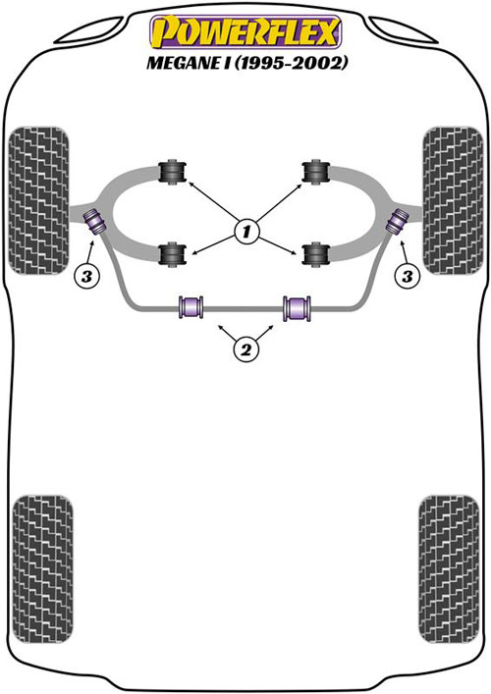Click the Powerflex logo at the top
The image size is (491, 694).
(x=245, y=31)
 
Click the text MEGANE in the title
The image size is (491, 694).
(x=183, y=63)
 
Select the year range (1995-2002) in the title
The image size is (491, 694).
(x=289, y=63)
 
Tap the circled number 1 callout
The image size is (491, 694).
(x=245, y=231)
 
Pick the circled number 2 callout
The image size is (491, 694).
(x=245, y=350)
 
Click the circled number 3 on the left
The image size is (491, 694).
(x=86, y=277)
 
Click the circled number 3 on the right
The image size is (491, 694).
(x=408, y=277)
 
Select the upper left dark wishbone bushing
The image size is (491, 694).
(x=172, y=171)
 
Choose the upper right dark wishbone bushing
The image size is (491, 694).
(x=315, y=172)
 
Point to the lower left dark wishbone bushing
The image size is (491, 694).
(x=172, y=254)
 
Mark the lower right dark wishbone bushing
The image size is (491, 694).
(x=315, y=254)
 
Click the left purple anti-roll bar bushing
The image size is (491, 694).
(x=191, y=306)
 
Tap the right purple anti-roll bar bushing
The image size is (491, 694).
(x=297, y=307)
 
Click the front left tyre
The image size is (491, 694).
(x=39, y=200)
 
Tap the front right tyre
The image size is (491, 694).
(x=453, y=200)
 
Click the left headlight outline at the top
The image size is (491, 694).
(x=88, y=31)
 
